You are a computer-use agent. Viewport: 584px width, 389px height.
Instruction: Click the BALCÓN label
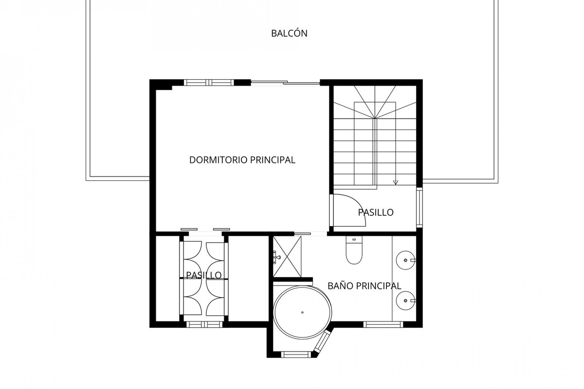(289, 34)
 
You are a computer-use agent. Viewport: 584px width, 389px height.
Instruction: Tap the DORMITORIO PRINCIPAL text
(242, 159)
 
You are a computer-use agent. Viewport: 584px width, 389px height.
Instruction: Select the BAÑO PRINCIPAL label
(364, 285)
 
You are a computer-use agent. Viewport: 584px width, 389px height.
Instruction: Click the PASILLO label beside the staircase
(376, 212)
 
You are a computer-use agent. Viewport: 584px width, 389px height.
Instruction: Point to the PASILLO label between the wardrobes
(204, 275)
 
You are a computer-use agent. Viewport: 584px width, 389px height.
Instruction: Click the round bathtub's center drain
(302, 312)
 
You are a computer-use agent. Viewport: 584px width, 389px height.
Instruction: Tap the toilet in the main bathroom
(354, 250)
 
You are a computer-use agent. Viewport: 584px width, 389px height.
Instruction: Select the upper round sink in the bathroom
(405, 260)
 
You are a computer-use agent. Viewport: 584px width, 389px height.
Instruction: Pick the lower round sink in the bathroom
(405, 301)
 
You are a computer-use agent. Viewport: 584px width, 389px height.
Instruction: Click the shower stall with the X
(287, 257)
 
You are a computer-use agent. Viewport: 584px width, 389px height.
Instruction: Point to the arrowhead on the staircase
(396, 183)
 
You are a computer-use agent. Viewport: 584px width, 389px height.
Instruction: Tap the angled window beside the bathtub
(322, 341)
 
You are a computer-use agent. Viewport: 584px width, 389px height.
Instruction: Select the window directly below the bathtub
(296, 354)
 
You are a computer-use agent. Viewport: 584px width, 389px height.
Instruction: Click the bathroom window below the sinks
(383, 324)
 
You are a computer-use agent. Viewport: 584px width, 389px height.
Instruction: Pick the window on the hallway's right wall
(419, 208)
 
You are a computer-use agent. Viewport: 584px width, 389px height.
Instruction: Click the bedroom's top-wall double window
(209, 83)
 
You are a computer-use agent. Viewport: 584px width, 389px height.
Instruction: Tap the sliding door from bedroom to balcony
(286, 83)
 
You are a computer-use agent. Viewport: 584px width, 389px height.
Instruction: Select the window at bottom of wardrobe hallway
(204, 324)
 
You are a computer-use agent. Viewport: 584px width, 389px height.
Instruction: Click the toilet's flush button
(354, 239)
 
